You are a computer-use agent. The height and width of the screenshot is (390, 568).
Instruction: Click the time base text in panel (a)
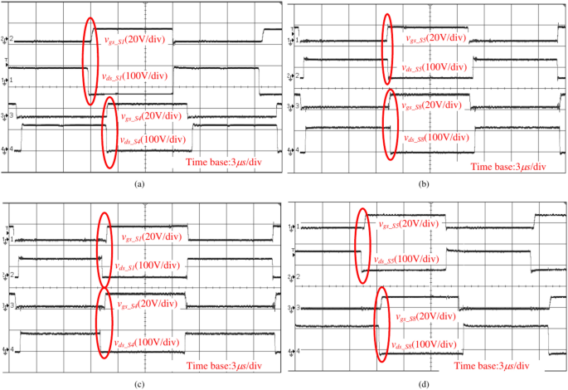click(226, 163)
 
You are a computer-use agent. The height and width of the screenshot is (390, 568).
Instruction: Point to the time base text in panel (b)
click(508, 166)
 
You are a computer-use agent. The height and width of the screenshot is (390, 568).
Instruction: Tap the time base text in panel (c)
click(225, 365)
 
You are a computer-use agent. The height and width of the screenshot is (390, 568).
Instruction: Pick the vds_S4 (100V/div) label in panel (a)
click(153, 139)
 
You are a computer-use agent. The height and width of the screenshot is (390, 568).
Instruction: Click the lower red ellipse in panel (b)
click(389, 124)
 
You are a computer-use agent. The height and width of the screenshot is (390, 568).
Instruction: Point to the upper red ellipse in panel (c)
click(103, 248)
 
